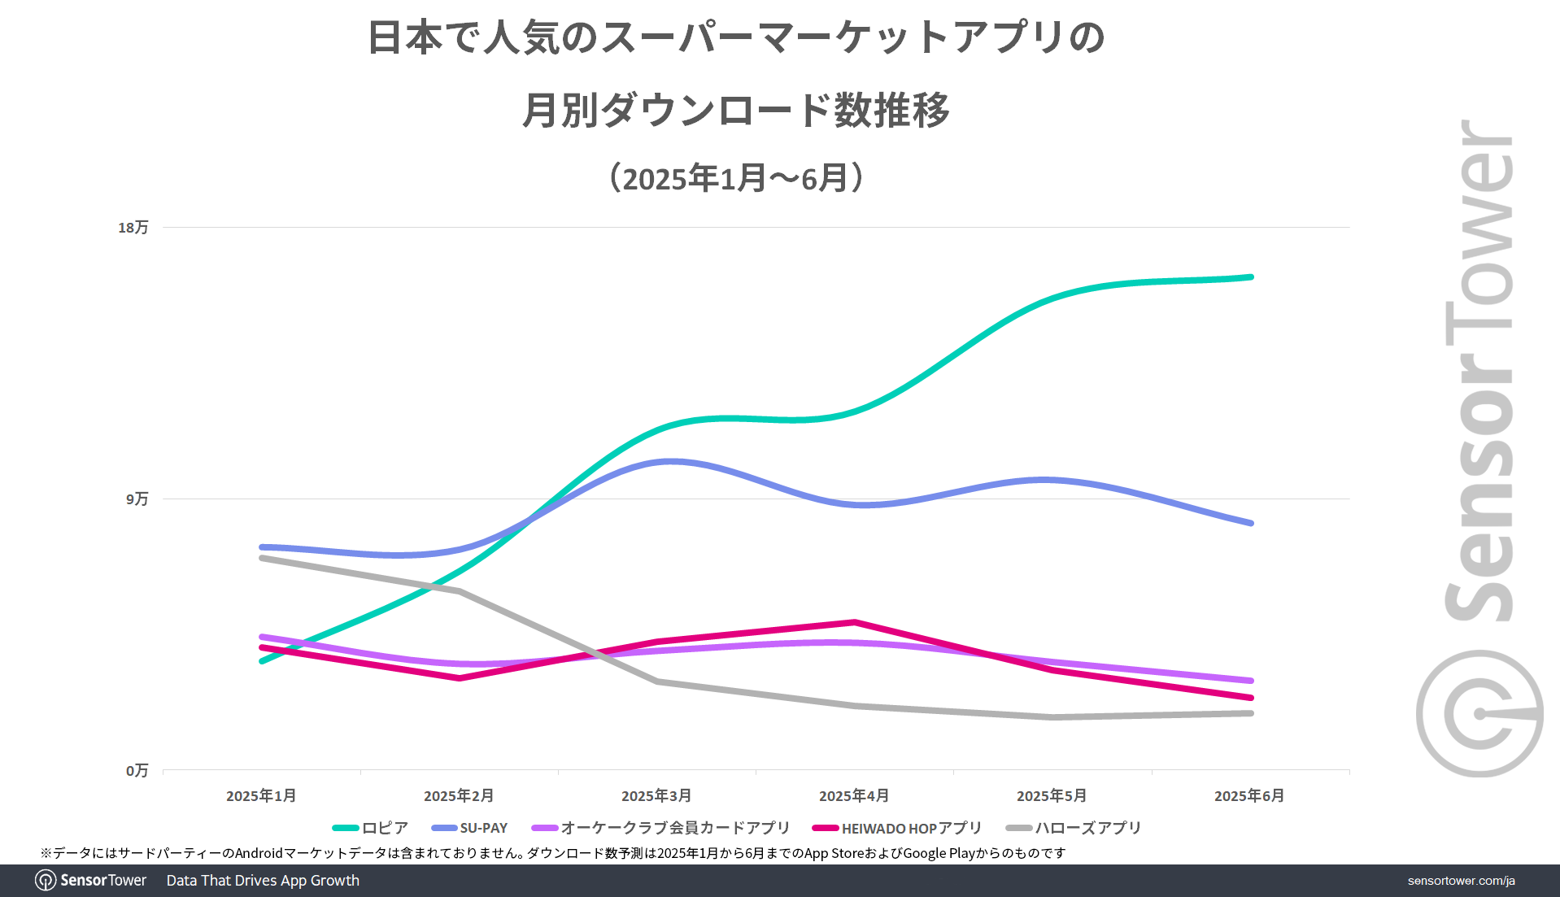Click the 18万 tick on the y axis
click(133, 228)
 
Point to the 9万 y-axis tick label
click(137, 499)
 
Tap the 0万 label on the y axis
click(137, 770)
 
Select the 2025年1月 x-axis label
click(261, 795)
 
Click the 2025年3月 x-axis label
click(656, 795)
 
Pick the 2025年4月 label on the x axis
click(854, 795)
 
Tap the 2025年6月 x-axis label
click(1249, 795)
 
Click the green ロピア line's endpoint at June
click(1251, 277)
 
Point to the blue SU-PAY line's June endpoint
click(1251, 523)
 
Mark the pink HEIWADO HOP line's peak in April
click(855, 622)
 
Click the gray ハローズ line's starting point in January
click(261, 558)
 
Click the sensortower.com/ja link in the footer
click(1461, 881)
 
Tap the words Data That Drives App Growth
click(263, 881)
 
